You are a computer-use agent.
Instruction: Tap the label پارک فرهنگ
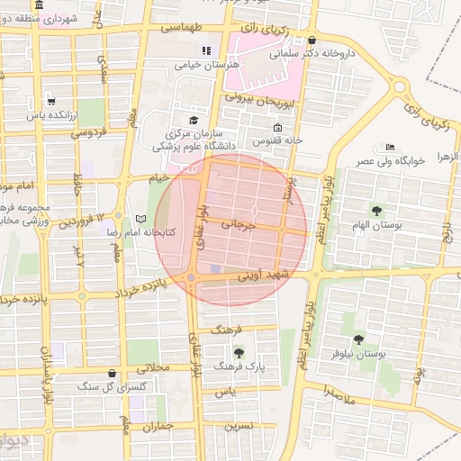[240, 367]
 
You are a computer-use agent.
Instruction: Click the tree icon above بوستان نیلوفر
[358, 339]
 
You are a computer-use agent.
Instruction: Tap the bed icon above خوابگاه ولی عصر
[390, 147]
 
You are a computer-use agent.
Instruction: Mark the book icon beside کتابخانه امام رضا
[140, 219]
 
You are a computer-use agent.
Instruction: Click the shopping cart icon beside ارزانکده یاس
[51, 101]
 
